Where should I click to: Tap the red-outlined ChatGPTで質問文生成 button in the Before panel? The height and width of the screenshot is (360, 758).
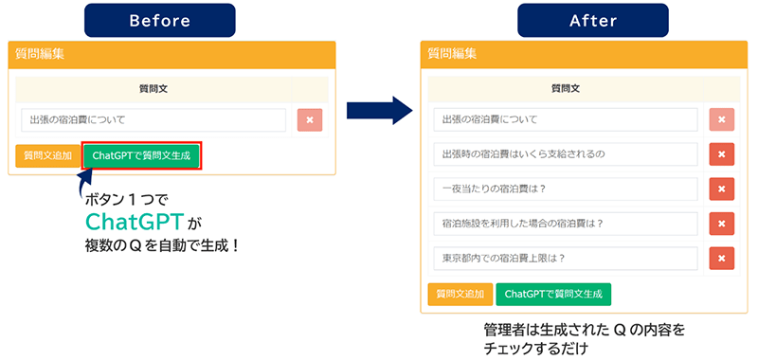(x=141, y=155)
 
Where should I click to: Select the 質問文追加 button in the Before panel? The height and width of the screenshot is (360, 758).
(x=47, y=155)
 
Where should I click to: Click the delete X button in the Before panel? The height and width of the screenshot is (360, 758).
(x=310, y=120)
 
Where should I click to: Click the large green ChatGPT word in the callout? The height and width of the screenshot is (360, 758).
(x=135, y=222)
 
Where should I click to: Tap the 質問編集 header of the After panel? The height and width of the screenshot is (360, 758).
(x=452, y=54)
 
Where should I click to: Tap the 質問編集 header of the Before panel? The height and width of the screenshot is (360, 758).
(x=40, y=54)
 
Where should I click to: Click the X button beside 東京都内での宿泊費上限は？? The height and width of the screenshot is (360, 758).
(x=722, y=258)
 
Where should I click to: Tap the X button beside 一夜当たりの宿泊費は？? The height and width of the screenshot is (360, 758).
(x=722, y=189)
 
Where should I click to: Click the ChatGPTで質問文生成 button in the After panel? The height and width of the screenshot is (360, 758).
(x=553, y=295)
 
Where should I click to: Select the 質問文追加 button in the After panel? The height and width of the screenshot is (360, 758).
(x=460, y=295)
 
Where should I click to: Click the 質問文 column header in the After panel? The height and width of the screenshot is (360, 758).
(x=565, y=88)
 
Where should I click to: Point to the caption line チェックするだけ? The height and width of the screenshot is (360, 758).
(x=536, y=349)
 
